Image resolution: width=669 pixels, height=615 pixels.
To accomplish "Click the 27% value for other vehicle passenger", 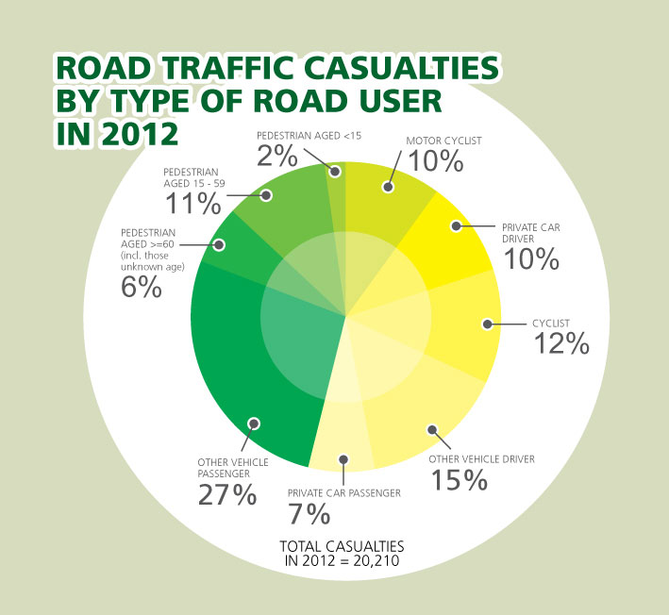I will pos(226,494).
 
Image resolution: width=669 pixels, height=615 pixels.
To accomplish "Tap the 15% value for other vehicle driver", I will pos(459,479).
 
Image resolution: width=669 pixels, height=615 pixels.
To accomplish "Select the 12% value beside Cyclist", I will pos(561,343).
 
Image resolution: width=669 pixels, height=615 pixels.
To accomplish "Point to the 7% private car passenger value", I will pos(310,514).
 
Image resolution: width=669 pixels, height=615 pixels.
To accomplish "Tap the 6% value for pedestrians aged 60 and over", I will pos(141,286).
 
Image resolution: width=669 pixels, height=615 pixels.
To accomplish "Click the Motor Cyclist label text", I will pos(443,141).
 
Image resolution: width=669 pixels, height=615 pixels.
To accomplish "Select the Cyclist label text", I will pos(553,324).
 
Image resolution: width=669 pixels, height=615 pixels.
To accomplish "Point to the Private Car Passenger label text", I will pos(345,492).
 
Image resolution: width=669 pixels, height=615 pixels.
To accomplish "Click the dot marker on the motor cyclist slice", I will pos(388,187).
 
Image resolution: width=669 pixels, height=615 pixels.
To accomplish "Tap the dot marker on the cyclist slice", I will pos(487,324).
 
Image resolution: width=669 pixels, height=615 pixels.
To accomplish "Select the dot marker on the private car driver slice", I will pos(456,226).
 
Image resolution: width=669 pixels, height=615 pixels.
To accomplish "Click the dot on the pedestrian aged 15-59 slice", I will pos(266,196).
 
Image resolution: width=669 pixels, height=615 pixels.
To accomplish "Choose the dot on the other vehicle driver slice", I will pos(432,430).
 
